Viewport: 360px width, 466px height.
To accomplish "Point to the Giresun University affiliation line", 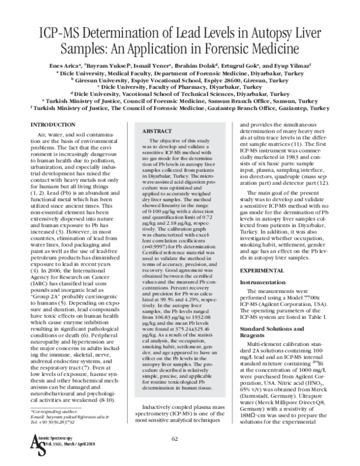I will point(180,79).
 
